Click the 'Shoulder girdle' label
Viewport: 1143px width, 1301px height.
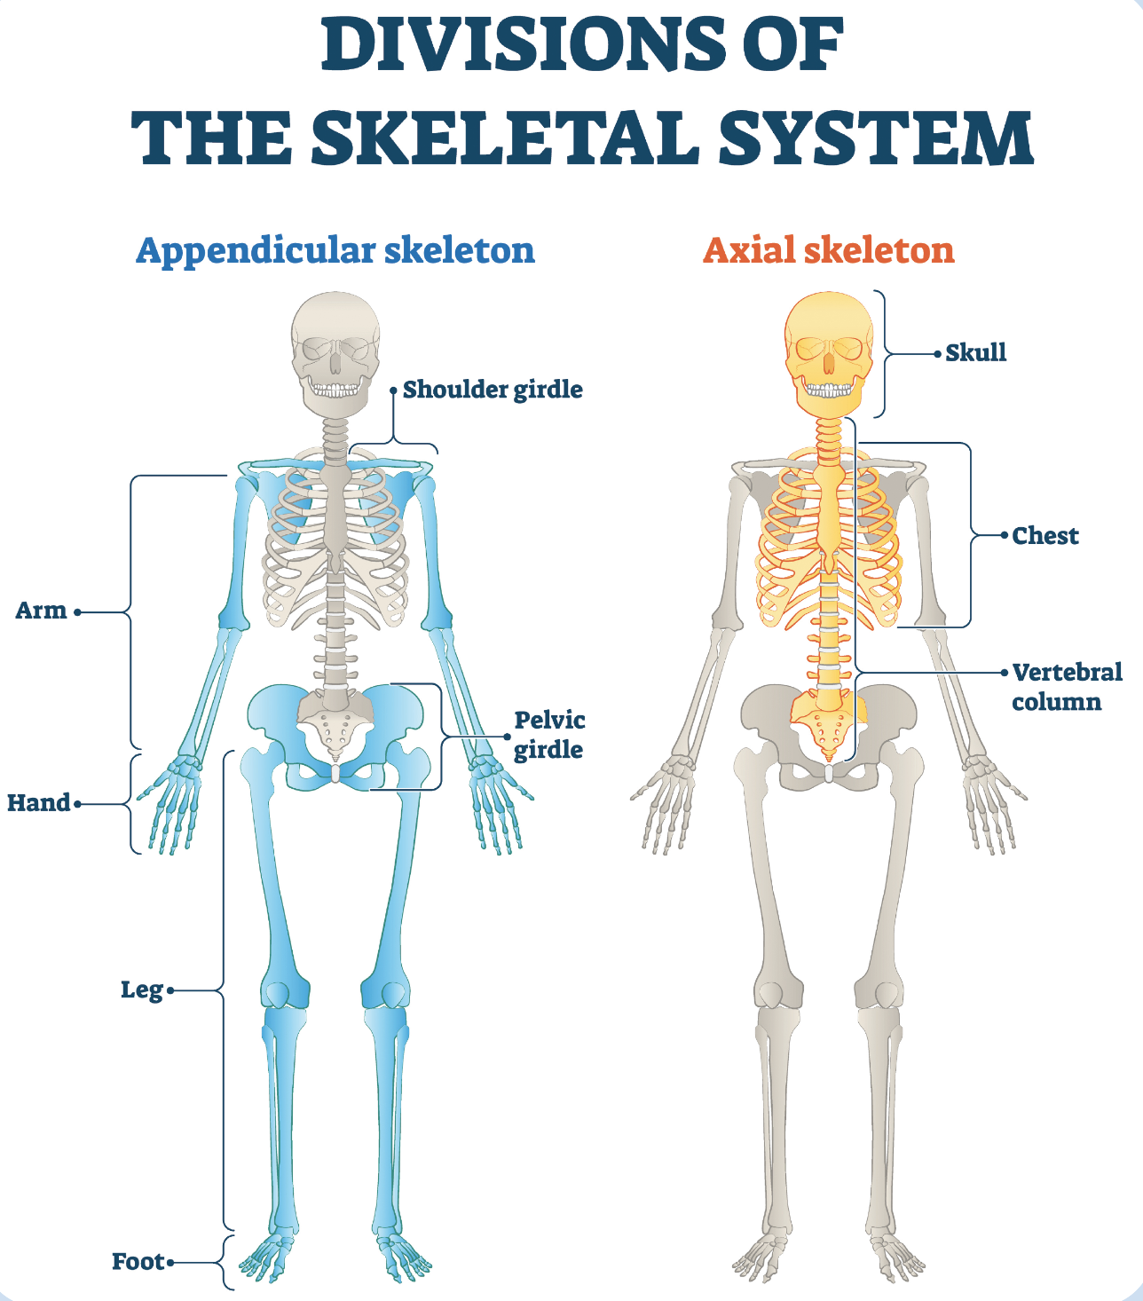(x=493, y=390)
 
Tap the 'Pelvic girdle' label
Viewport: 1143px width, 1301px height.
(x=549, y=735)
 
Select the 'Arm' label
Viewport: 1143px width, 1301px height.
(x=41, y=611)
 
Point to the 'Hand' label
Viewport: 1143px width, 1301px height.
(x=38, y=803)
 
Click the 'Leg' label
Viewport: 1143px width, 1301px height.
(x=142, y=990)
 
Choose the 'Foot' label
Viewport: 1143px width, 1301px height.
(x=138, y=1262)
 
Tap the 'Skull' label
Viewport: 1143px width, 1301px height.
(x=975, y=353)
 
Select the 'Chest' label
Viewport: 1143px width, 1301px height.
(x=1045, y=536)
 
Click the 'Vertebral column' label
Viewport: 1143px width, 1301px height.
(x=1066, y=687)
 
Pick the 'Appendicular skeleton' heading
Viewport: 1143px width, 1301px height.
(x=335, y=250)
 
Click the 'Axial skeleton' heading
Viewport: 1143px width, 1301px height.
(x=829, y=250)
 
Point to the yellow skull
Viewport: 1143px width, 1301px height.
(x=828, y=351)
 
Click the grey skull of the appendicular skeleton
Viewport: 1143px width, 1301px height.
(x=335, y=351)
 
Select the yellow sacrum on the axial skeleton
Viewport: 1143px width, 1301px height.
(x=828, y=723)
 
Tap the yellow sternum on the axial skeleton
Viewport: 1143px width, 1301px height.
(x=828, y=515)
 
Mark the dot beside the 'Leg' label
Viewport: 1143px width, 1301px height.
(x=170, y=990)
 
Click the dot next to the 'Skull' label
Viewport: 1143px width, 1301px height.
(x=937, y=353)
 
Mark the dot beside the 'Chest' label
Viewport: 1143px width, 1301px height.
(x=1005, y=536)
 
